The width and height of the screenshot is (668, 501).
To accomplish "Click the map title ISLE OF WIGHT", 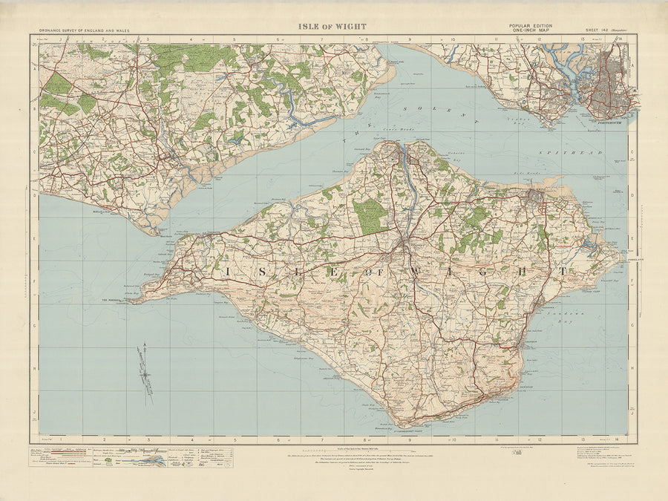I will click(x=332, y=27).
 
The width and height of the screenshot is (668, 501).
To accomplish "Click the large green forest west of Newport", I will click(x=370, y=215).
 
